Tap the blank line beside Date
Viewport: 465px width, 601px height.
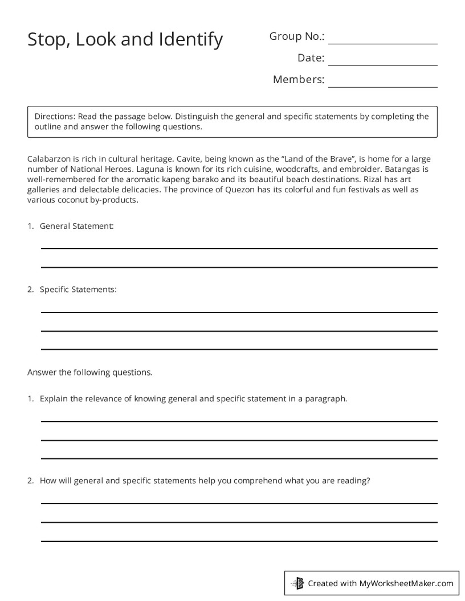point(382,64)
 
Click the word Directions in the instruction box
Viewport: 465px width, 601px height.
point(55,116)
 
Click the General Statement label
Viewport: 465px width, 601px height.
point(76,226)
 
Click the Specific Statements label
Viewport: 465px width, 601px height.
point(78,289)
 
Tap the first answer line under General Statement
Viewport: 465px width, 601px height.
point(239,248)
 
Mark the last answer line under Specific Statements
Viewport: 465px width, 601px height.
point(239,348)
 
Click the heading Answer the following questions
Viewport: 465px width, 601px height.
point(90,373)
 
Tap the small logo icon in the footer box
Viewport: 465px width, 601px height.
point(297,583)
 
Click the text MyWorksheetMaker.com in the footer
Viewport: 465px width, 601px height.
point(406,583)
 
